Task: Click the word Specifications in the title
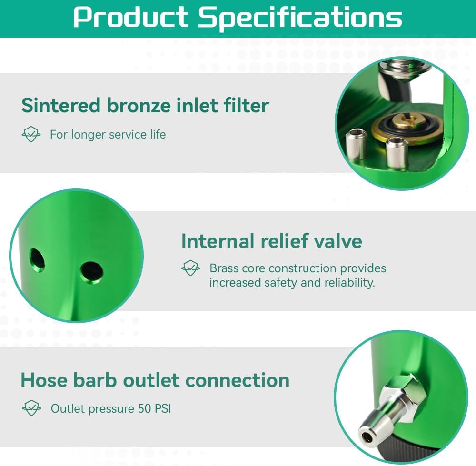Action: point(300,17)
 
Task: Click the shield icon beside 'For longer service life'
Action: point(31,135)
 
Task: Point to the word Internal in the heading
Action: point(218,241)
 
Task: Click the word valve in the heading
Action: point(337,241)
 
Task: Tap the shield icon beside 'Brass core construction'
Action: point(190,268)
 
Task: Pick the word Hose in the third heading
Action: point(44,380)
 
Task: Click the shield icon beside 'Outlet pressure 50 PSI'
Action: point(31,408)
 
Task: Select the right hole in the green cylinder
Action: point(91,272)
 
